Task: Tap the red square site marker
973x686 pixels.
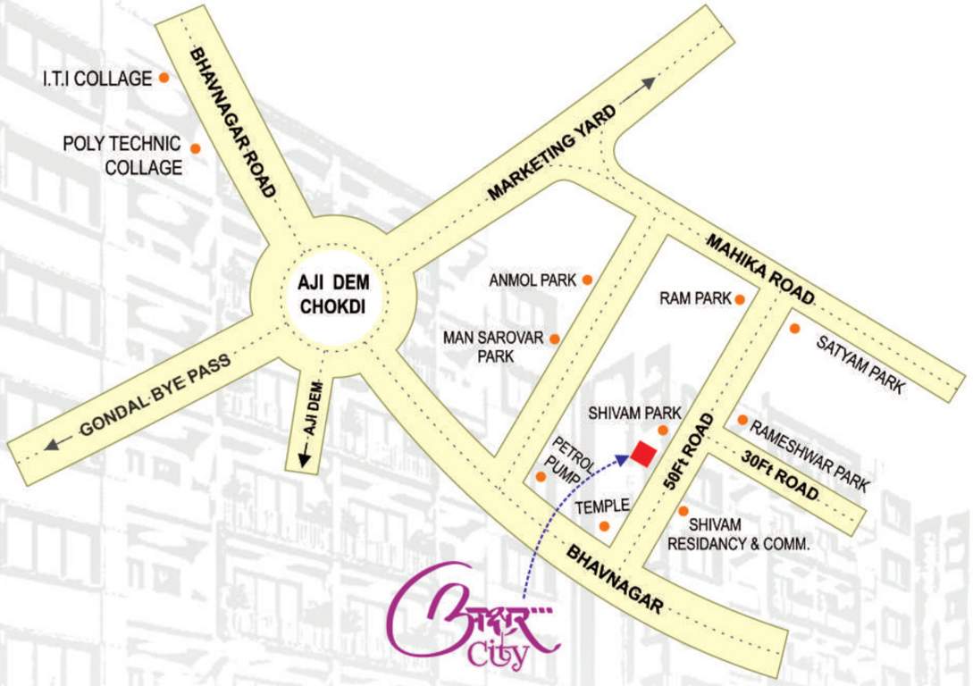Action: coord(641,454)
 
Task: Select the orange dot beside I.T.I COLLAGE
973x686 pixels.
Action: coord(164,78)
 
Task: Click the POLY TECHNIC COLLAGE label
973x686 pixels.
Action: coord(122,155)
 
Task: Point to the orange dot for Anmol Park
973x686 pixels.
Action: coord(587,280)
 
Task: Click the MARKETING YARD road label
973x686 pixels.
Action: coord(552,153)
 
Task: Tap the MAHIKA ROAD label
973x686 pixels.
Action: coord(760,268)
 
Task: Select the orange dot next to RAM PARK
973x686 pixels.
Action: coord(740,299)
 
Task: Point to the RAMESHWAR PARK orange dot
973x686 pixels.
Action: coord(742,420)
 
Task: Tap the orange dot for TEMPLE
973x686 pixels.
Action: coord(605,526)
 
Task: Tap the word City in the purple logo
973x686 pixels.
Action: coord(498,656)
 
